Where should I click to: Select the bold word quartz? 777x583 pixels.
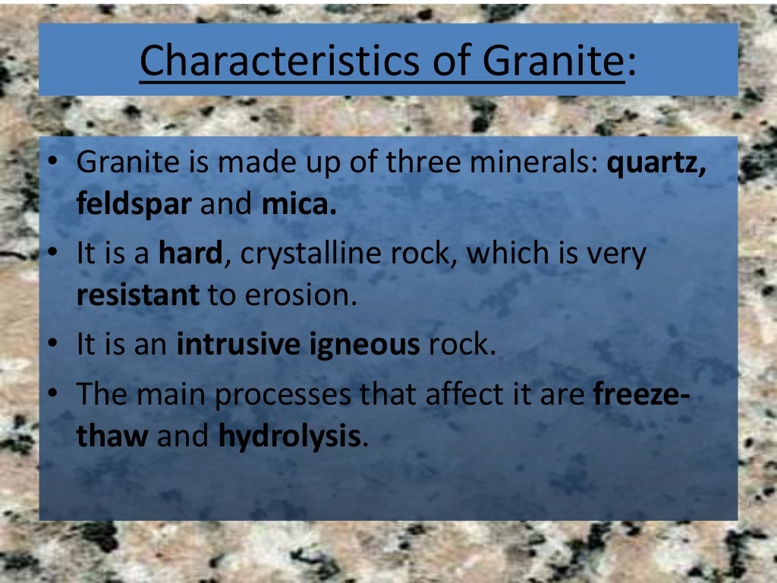coord(657,165)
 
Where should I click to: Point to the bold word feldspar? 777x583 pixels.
coord(134,206)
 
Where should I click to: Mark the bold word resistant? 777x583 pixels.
coord(137,295)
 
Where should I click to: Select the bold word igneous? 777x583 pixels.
coord(366,345)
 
